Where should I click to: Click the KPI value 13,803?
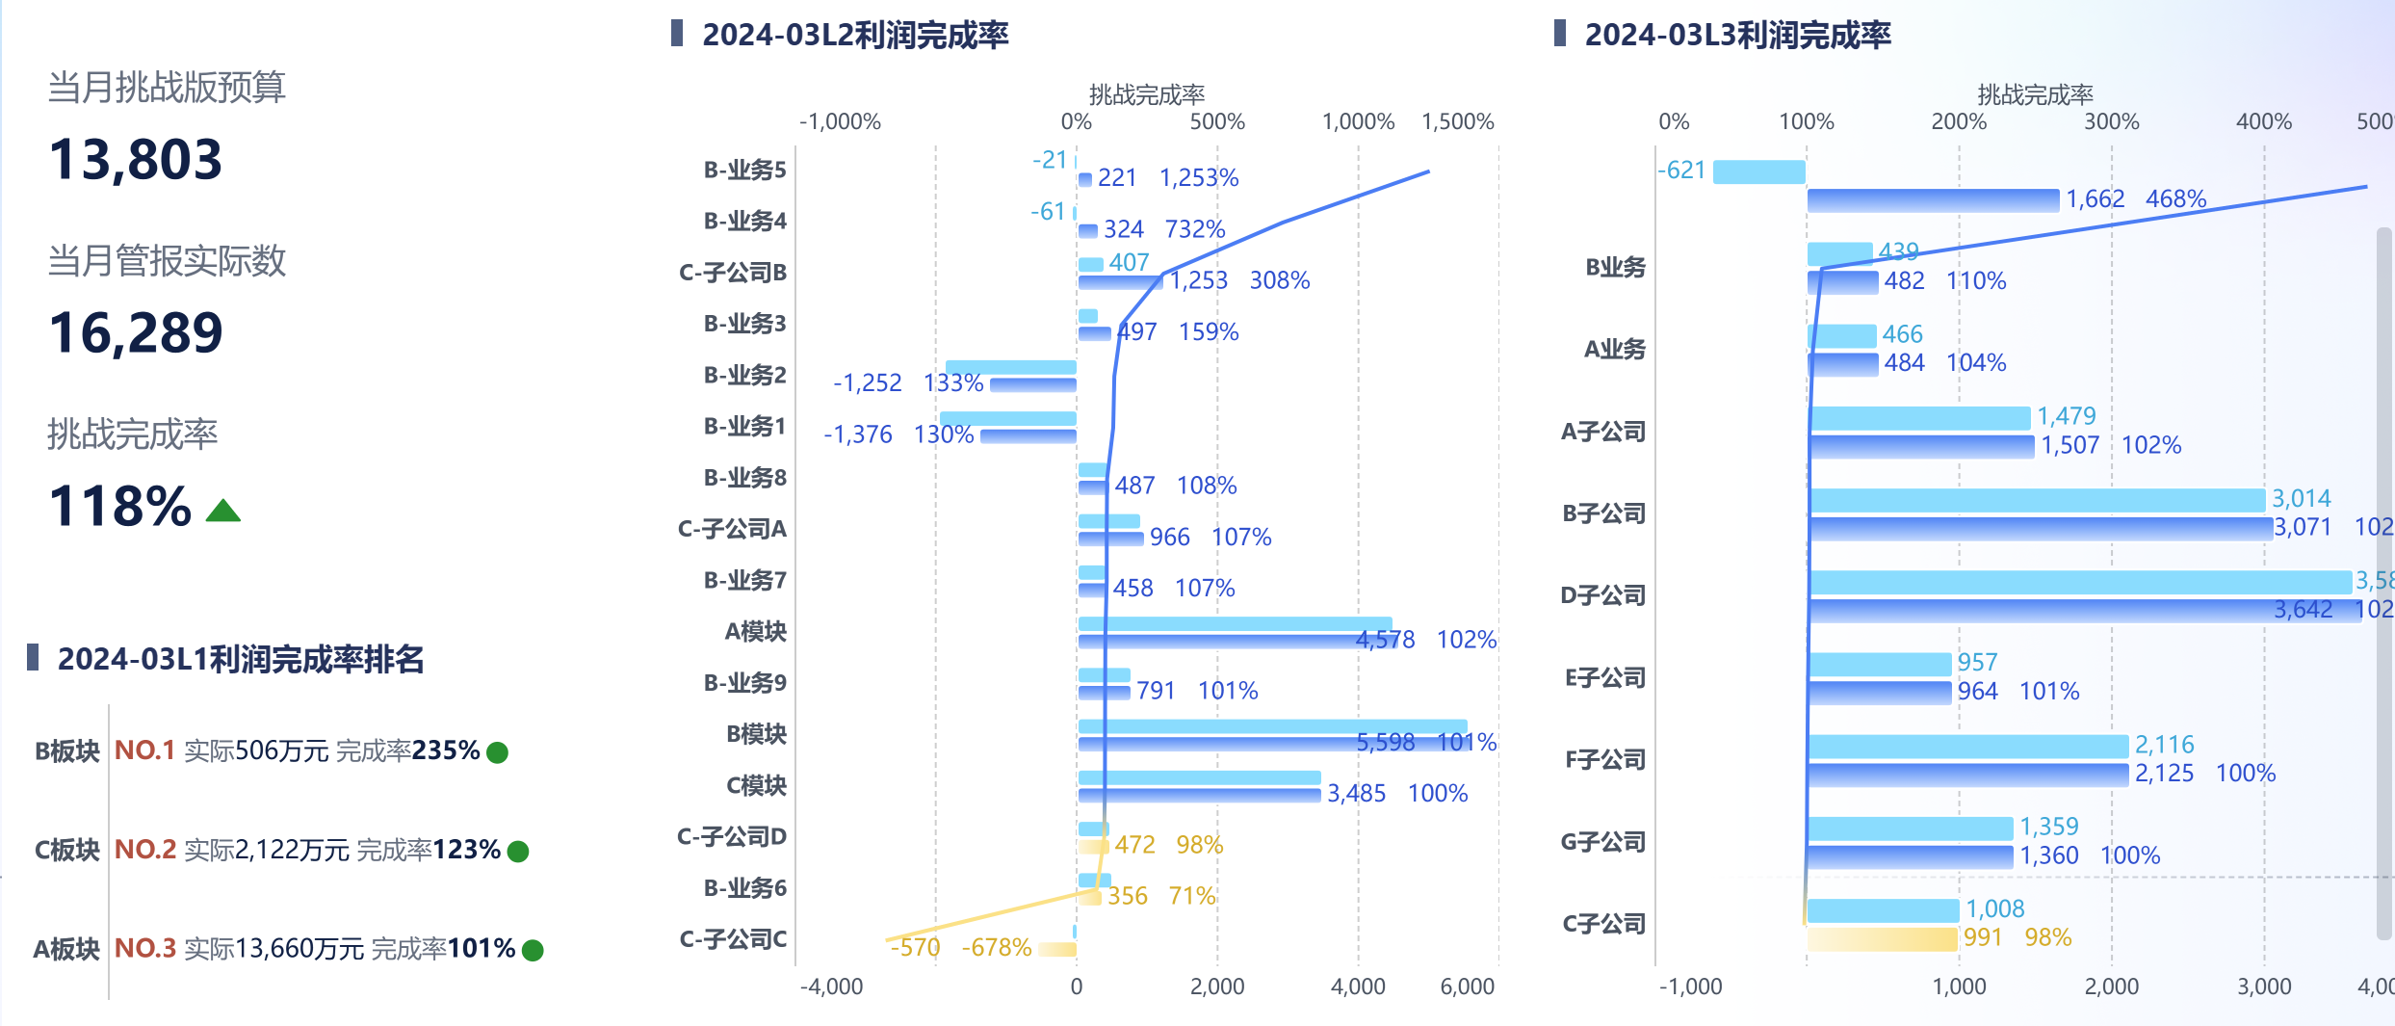pyautogui.click(x=135, y=160)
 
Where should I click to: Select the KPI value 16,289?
pyautogui.click(x=136, y=333)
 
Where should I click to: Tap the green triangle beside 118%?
pyautogui.click(x=223, y=511)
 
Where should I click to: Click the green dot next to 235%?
pyautogui.click(x=497, y=752)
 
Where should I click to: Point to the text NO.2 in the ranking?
pyautogui.click(x=145, y=850)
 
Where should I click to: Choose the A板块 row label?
pyautogui.click(x=66, y=949)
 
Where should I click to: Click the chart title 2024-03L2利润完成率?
pyautogui.click(x=854, y=36)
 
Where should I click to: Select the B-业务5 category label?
pyautogui.click(x=744, y=171)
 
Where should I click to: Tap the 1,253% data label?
pyautogui.click(x=1198, y=178)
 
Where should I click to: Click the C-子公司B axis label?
pyautogui.click(x=733, y=273)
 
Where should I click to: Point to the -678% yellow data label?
pyautogui.click(x=996, y=948)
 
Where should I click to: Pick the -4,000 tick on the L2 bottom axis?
pyautogui.click(x=831, y=987)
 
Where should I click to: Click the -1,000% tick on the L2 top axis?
pyautogui.click(x=840, y=122)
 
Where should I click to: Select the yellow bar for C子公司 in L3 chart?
pyautogui.click(x=1883, y=938)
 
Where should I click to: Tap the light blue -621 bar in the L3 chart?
pyautogui.click(x=1758, y=171)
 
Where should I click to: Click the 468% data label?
pyautogui.click(x=2174, y=199)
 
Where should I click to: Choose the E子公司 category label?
pyautogui.click(x=1604, y=678)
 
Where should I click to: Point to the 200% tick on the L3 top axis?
pyautogui.click(x=1959, y=122)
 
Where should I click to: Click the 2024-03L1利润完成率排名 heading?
pyautogui.click(x=241, y=660)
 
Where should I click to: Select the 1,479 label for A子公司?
pyautogui.click(x=2066, y=416)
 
